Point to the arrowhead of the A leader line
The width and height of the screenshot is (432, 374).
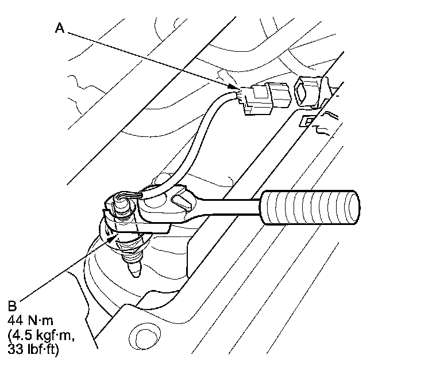[237, 88]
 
